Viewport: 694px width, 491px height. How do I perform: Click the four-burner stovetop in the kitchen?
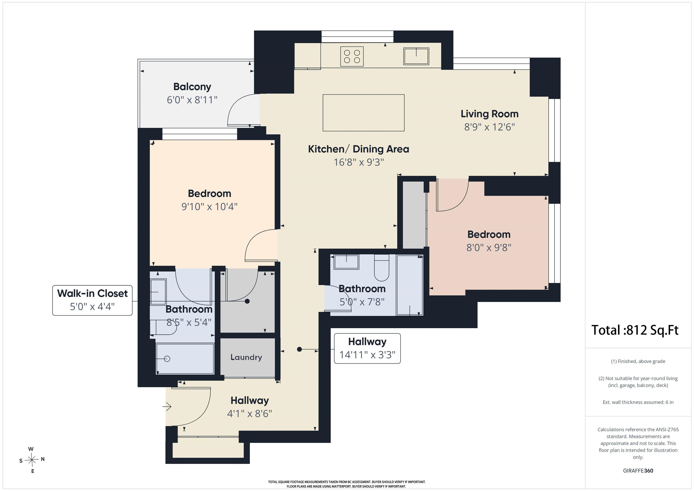tap(352, 56)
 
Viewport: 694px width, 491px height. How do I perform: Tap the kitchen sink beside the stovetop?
tap(416, 56)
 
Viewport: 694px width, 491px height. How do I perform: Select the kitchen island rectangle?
tap(364, 113)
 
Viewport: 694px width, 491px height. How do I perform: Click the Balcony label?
tap(192, 87)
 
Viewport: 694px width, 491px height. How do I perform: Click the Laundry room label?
tap(246, 357)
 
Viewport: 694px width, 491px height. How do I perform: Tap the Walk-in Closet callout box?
tap(92, 300)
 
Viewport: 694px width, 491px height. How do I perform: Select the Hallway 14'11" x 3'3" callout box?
tap(367, 348)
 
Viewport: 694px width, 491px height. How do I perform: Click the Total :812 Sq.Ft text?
tap(635, 330)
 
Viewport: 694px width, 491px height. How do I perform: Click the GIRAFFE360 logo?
tap(638, 471)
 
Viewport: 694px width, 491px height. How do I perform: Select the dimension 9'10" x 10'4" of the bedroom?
tap(209, 207)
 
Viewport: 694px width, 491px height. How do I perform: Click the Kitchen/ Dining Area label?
tap(359, 149)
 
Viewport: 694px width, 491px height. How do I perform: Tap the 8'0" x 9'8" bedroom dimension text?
tap(489, 248)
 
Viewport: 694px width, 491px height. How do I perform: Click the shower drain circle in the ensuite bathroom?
tap(167, 359)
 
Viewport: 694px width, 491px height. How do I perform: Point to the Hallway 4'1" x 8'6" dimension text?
tap(250, 413)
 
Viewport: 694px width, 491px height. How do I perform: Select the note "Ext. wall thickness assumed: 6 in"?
tap(638, 402)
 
